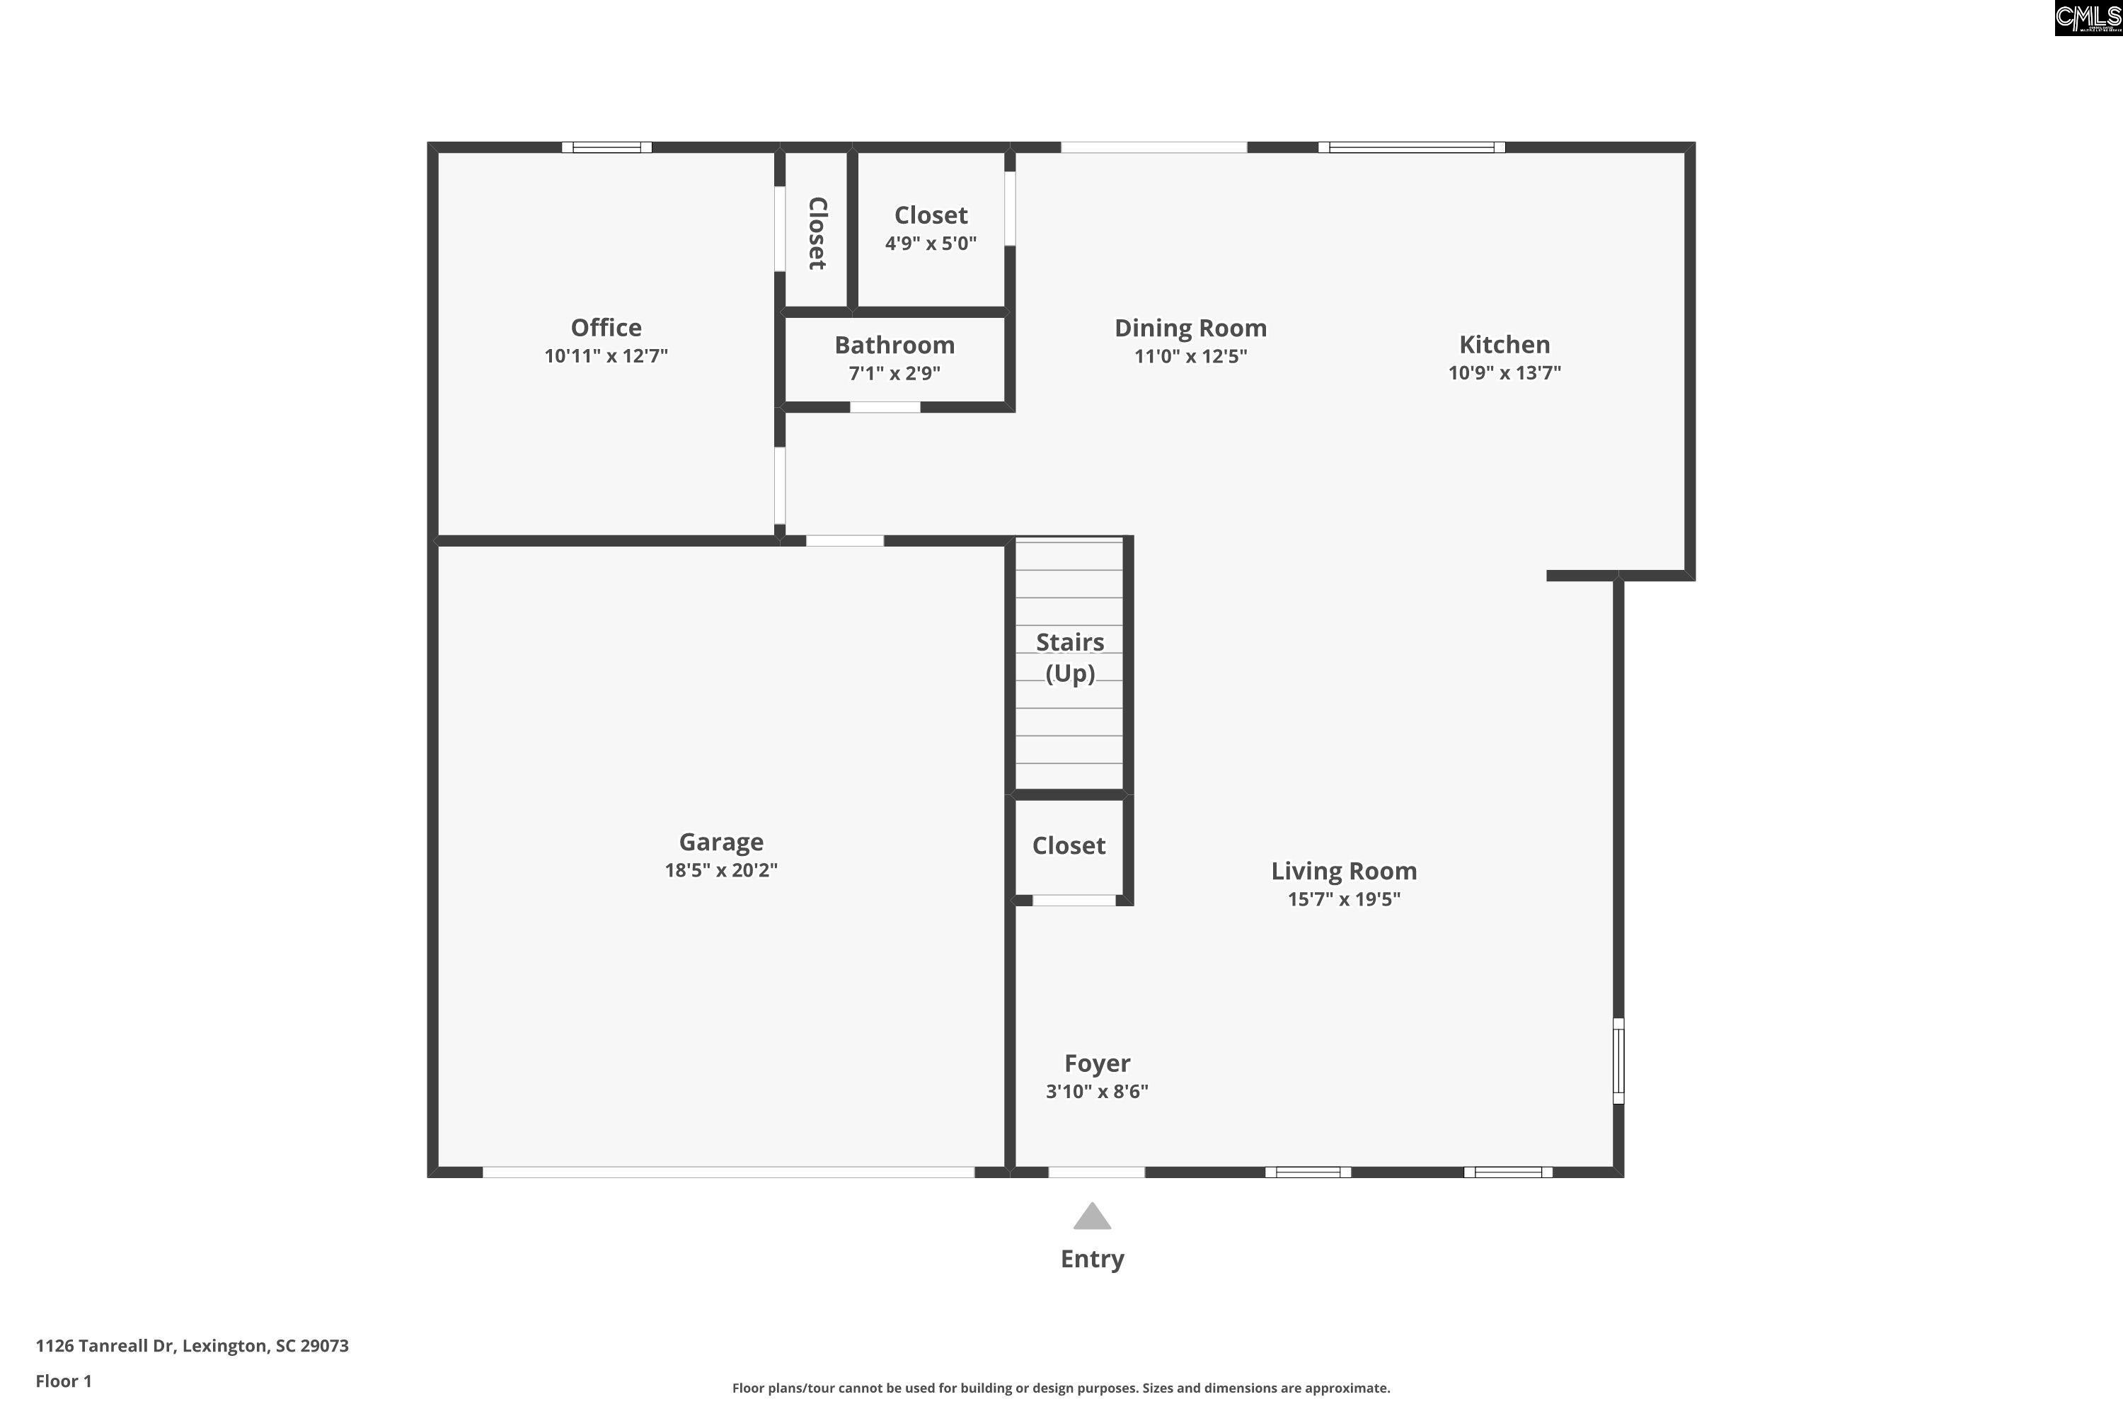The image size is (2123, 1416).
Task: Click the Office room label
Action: click(606, 328)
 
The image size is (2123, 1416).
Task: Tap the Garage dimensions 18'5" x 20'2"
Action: click(721, 869)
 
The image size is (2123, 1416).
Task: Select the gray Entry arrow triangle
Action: click(1092, 1216)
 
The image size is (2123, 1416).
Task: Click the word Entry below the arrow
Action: click(1092, 1259)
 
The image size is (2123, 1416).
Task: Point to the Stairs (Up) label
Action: click(1069, 658)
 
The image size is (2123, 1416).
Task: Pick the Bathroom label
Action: click(894, 345)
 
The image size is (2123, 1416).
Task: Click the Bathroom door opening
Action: click(885, 407)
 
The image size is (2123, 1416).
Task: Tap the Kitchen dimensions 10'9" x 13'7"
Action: click(1504, 373)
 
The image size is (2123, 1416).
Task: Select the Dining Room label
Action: click(1190, 328)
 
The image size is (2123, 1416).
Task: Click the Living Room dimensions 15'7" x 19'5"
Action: click(1344, 898)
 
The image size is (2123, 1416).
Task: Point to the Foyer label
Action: click(1097, 1064)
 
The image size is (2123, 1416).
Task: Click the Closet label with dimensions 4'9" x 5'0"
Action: click(931, 216)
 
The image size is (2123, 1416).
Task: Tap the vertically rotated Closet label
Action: click(817, 233)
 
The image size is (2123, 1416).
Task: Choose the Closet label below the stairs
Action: click(1069, 845)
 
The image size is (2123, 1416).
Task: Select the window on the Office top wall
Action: click(606, 147)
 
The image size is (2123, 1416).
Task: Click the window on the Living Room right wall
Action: click(1618, 1061)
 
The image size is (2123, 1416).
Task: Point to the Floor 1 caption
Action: click(64, 1381)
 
